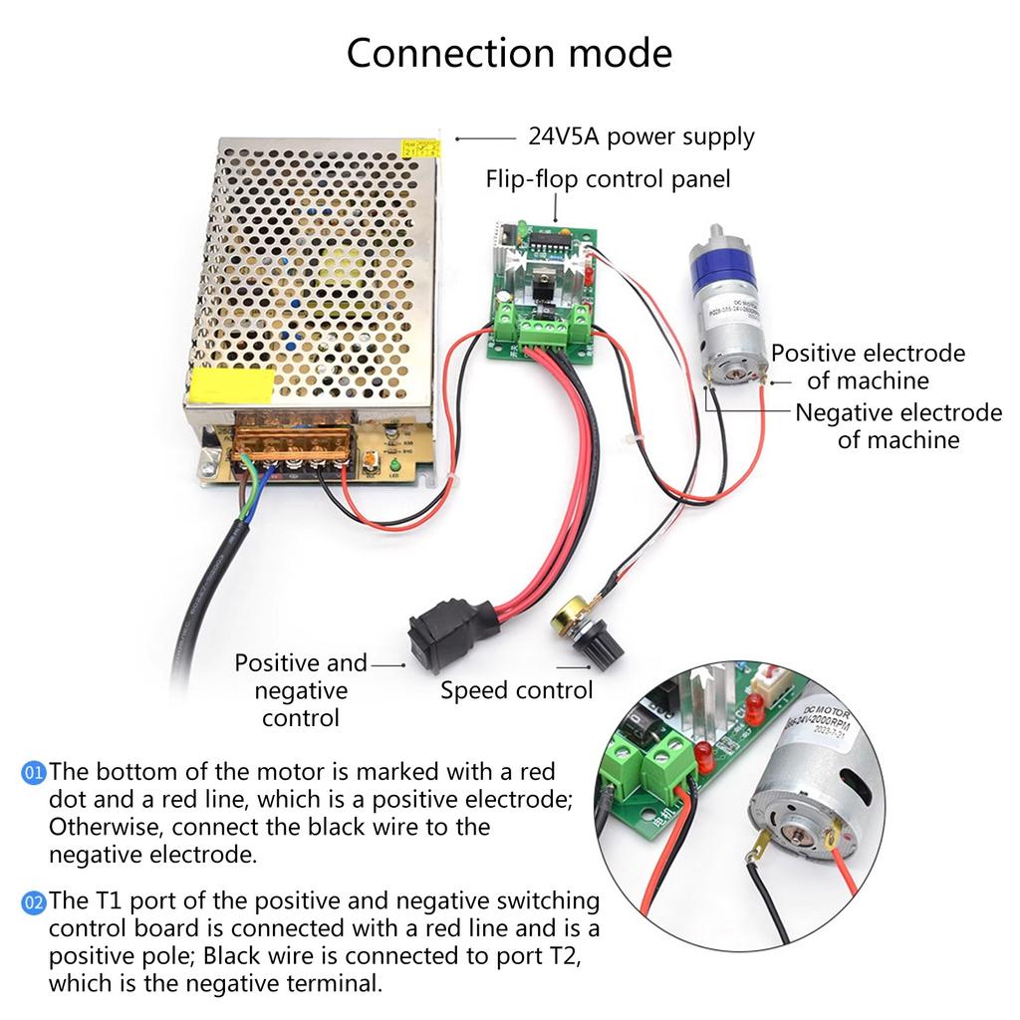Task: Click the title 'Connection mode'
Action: tap(509, 53)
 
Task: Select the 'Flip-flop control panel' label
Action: tap(608, 179)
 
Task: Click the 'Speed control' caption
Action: tap(516, 690)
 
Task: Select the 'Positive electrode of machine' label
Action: tap(868, 366)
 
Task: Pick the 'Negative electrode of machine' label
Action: tap(897, 425)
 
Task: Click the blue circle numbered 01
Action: tap(34, 772)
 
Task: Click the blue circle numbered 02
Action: tap(34, 902)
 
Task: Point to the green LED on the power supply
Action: tap(395, 466)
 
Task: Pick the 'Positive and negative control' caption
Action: tap(301, 689)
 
